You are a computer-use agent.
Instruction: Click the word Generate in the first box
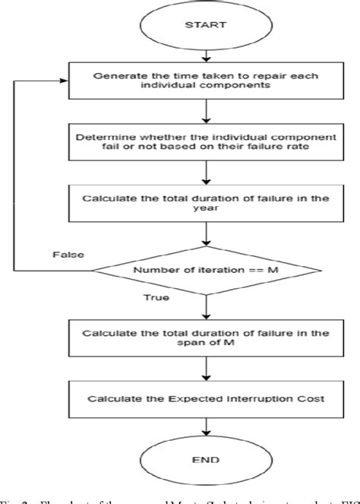click(115, 74)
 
